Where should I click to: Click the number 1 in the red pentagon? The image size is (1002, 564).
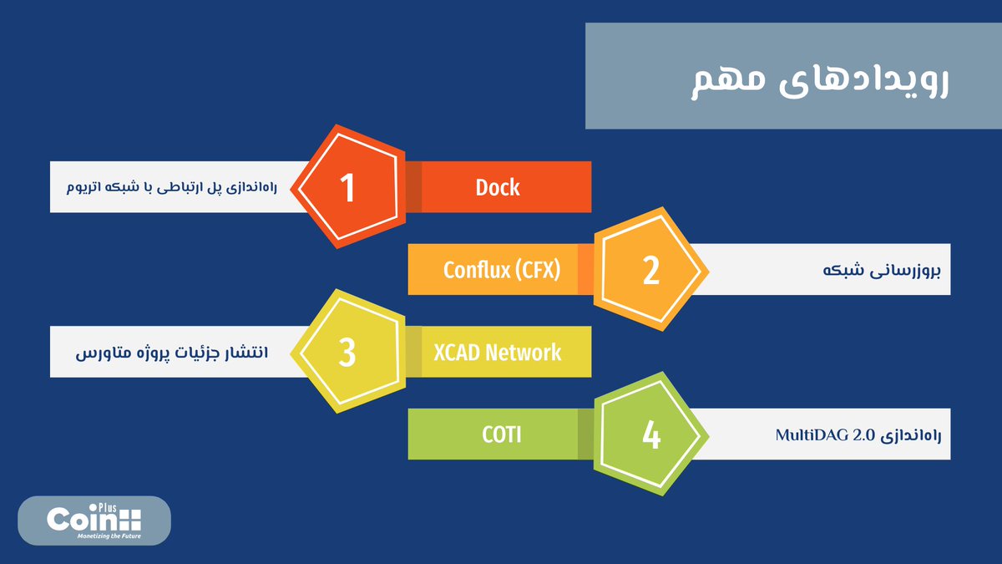click(347, 187)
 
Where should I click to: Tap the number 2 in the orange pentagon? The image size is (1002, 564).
click(651, 271)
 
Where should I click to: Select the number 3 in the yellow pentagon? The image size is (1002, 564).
click(347, 353)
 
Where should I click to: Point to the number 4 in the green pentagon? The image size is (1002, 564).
click(651, 435)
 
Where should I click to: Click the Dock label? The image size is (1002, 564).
click(498, 187)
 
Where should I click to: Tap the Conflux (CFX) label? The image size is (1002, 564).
click(502, 270)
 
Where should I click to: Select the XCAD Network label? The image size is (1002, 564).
click(497, 353)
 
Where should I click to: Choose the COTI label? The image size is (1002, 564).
click(502, 434)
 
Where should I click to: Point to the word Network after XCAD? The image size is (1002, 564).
click(523, 353)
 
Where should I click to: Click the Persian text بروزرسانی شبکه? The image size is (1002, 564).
click(882, 271)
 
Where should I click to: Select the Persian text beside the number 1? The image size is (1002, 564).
click(172, 187)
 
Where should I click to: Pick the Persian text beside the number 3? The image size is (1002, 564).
click(172, 353)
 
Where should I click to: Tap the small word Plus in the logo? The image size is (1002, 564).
click(107, 508)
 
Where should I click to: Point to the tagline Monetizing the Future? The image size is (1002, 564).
click(109, 536)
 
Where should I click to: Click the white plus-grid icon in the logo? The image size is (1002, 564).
click(129, 520)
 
